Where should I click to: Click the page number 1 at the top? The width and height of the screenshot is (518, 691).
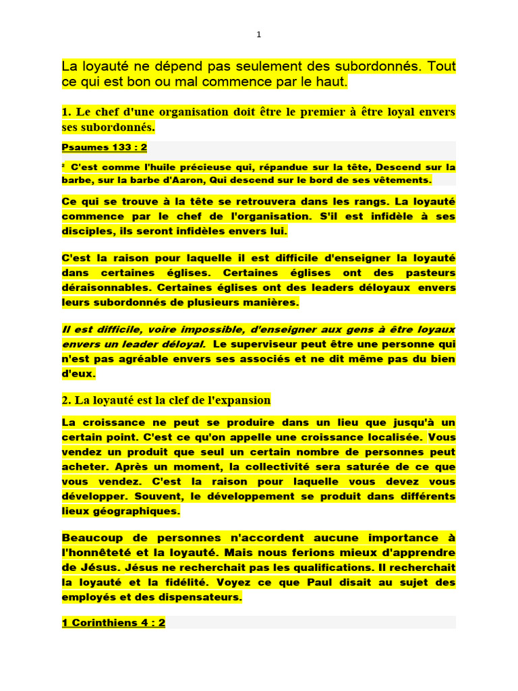click(258, 34)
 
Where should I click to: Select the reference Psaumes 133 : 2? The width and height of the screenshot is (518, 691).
click(104, 146)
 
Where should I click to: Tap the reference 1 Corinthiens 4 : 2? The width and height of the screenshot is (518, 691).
click(113, 623)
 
